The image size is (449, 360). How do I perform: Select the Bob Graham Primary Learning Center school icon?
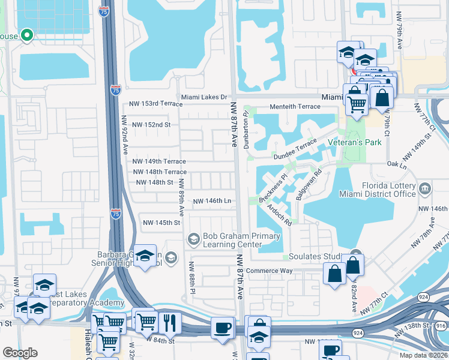194,239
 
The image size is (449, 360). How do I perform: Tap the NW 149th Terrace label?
159,162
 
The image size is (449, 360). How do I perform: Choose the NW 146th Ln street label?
212,201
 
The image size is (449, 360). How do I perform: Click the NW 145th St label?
161,223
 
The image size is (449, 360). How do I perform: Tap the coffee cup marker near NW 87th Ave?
223,329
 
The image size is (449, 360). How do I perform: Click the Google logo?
20,353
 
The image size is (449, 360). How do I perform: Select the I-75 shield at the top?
104,10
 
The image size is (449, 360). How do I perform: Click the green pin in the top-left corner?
26,35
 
